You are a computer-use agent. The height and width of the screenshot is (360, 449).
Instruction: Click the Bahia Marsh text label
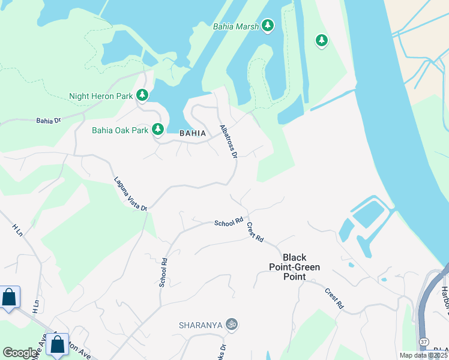click(x=236, y=26)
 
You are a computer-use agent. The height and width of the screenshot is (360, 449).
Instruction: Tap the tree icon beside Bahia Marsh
click(x=267, y=26)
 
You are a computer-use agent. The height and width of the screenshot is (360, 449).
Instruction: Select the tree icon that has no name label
click(x=322, y=40)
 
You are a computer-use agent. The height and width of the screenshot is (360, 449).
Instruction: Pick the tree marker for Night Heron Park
click(x=142, y=95)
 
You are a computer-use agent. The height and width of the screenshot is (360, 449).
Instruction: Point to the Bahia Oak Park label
click(x=119, y=130)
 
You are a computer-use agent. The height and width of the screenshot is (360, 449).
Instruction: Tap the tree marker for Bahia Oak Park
click(x=158, y=129)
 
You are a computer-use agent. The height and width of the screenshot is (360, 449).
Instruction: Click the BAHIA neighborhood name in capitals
click(x=193, y=133)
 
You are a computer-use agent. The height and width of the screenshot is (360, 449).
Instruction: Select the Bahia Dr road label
click(x=49, y=121)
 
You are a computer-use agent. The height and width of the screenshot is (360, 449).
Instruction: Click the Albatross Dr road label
click(x=229, y=142)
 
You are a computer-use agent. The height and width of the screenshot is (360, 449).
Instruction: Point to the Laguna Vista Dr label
click(x=130, y=193)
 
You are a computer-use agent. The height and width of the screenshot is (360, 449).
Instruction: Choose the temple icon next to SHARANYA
click(x=232, y=325)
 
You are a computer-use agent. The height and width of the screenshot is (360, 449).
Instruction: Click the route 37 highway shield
click(x=424, y=341)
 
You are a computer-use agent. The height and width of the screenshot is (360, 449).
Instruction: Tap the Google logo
click(x=20, y=353)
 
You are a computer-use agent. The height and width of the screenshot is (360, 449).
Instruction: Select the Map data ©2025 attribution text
click(x=423, y=355)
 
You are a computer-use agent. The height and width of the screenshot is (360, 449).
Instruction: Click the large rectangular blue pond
click(x=369, y=214)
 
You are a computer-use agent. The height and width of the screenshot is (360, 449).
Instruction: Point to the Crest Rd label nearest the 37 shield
click(x=334, y=298)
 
